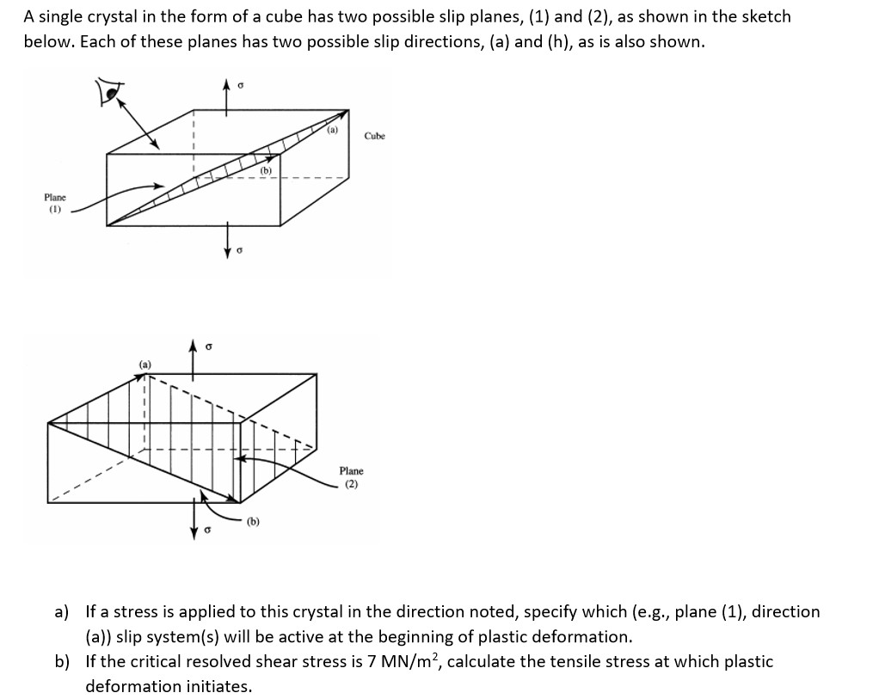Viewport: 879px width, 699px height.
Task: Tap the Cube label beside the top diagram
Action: [x=375, y=136]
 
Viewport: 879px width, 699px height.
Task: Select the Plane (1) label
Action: [x=56, y=202]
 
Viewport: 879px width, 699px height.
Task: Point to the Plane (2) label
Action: [x=351, y=477]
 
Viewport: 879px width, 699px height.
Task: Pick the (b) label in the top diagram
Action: [x=266, y=171]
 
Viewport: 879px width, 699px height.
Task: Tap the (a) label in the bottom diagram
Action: [x=145, y=365]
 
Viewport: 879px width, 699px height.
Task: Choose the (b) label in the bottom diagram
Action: [x=253, y=521]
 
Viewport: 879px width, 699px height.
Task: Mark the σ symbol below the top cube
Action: [x=241, y=251]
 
